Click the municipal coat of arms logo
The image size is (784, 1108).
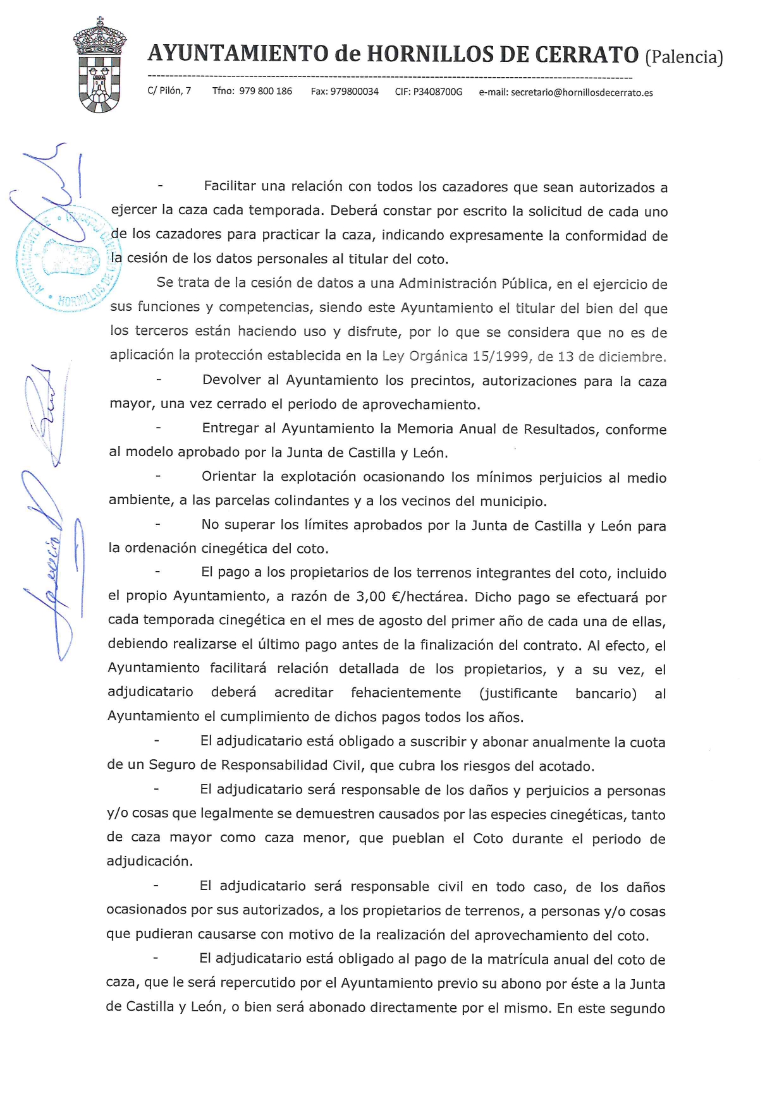(x=99, y=66)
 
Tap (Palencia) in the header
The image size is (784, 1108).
(x=683, y=57)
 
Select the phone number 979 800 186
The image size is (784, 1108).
(x=266, y=91)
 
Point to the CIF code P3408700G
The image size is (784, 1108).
(x=438, y=92)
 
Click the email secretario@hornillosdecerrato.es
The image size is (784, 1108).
(x=582, y=92)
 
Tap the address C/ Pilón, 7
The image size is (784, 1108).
(x=169, y=90)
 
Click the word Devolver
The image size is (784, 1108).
(x=231, y=380)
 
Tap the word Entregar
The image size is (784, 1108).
(x=230, y=428)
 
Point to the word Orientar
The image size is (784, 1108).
(x=228, y=476)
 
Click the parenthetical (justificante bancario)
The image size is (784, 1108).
(x=558, y=693)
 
